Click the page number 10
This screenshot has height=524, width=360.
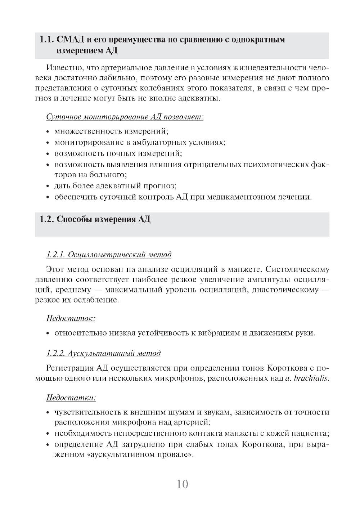click(183, 484)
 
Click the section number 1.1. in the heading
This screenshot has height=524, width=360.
click(47, 40)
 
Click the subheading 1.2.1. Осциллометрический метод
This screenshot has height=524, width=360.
click(109, 255)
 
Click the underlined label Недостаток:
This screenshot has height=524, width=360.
click(71, 318)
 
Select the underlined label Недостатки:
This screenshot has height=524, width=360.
click(71, 398)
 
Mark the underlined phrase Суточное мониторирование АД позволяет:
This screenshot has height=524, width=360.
click(125, 117)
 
